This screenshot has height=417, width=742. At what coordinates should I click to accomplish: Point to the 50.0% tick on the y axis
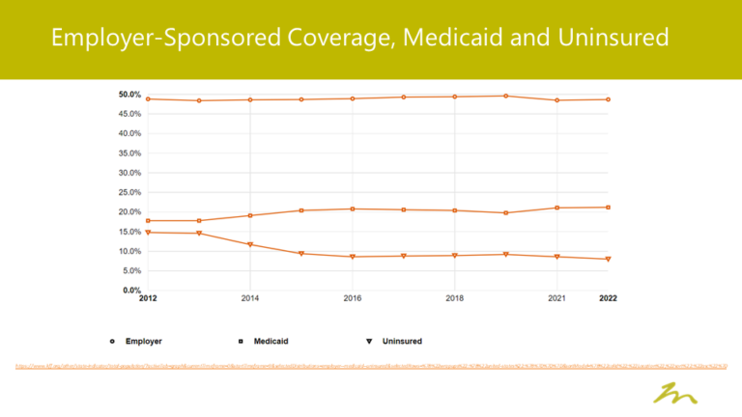[129, 95]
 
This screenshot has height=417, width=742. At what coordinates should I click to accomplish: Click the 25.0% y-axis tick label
[129, 192]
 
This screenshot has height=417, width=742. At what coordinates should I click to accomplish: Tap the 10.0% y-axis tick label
[129, 251]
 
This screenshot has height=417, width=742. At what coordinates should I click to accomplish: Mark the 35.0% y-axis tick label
[129, 153]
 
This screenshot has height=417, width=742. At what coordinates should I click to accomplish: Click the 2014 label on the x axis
[250, 299]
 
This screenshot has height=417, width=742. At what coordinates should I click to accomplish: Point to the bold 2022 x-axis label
[608, 299]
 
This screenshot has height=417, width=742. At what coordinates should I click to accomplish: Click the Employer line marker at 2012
[148, 98]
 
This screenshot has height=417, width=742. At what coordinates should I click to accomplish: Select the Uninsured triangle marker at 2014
[250, 244]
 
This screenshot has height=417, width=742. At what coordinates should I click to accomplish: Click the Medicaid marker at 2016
[353, 209]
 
